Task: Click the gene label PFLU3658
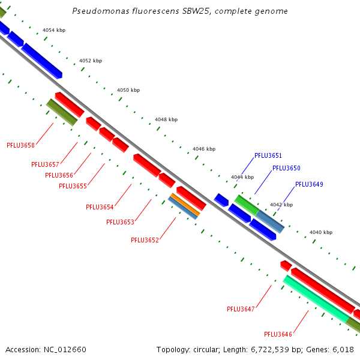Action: pyautogui.click(x=20, y=145)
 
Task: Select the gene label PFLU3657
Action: pyautogui.click(x=45, y=164)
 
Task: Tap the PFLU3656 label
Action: pyautogui.click(x=59, y=175)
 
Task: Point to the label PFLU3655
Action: pyautogui.click(x=73, y=186)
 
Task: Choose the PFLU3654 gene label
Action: pyautogui.click(x=100, y=207)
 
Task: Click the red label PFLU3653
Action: pyautogui.click(x=120, y=222)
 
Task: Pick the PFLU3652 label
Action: pyautogui.click(x=145, y=240)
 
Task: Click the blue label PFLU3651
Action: pyautogui.click(x=268, y=155)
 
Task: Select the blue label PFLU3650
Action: pyautogui.click(x=286, y=169)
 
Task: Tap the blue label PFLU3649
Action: pyautogui.click(x=309, y=184)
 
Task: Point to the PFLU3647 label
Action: pyautogui.click(x=241, y=309)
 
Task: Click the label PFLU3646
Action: pyautogui.click(x=278, y=334)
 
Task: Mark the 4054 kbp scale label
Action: pyautogui.click(x=54, y=30)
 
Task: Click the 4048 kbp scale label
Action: pyautogui.click(x=166, y=119)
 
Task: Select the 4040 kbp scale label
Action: pyautogui.click(x=321, y=232)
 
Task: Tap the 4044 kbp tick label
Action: pyautogui.click(x=242, y=177)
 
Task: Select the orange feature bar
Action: pyautogui.click(x=185, y=205)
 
